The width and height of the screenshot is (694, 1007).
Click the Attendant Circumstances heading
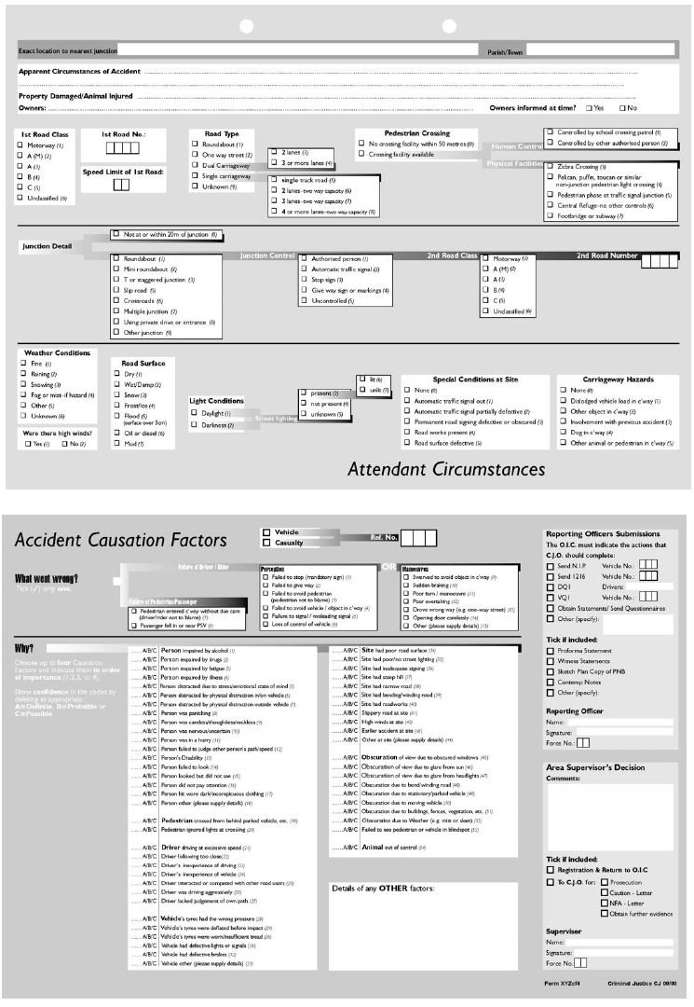pos(446,467)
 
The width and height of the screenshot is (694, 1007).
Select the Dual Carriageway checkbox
pos(195,166)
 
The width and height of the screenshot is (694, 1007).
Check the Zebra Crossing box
pos(550,166)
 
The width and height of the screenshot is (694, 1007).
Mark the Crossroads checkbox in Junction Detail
pos(116,301)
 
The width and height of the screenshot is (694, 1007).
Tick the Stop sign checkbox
pos(304,279)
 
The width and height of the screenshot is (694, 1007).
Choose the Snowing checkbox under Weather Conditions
pos(22,384)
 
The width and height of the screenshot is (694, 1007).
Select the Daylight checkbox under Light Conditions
pos(194,412)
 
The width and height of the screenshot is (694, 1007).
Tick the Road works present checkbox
pos(407,432)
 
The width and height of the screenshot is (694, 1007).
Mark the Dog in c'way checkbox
pos(563,432)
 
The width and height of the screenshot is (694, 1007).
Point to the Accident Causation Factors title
pos(120,540)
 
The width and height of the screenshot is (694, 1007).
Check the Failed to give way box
pos(265,586)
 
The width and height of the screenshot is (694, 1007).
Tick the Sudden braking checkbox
pos(406,586)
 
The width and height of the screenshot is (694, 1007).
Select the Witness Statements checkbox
pos(551,659)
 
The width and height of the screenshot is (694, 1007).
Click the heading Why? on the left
pos(27,649)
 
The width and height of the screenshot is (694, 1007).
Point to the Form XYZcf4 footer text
pos(564,983)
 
